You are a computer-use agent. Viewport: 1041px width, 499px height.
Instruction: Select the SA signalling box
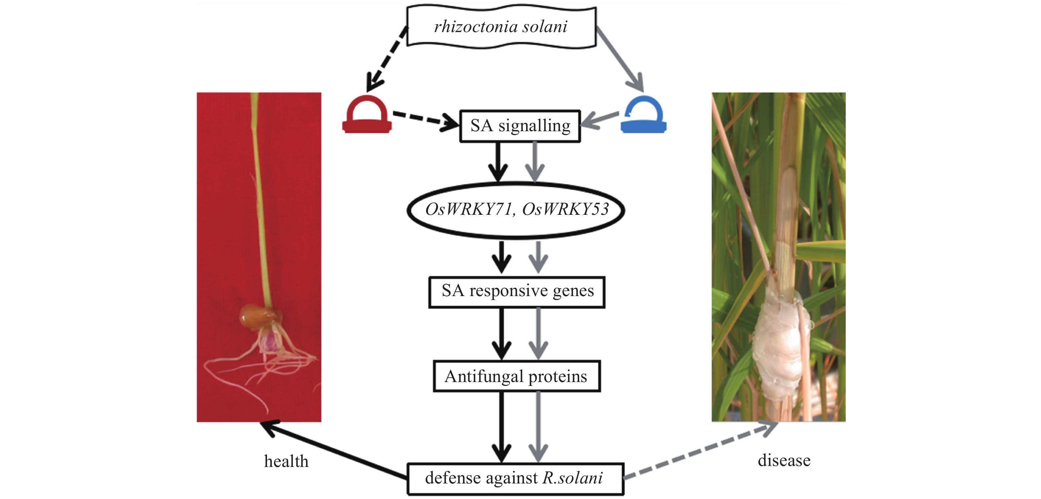(x=520, y=126)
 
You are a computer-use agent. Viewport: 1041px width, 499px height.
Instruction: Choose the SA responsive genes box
(x=517, y=292)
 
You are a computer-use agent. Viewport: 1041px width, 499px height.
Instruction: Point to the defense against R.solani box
(x=515, y=479)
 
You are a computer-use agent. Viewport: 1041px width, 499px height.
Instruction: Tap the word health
(x=286, y=461)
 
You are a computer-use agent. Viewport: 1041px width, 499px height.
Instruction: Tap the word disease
(x=784, y=461)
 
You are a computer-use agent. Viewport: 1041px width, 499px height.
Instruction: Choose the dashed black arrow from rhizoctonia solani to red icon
(x=387, y=58)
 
